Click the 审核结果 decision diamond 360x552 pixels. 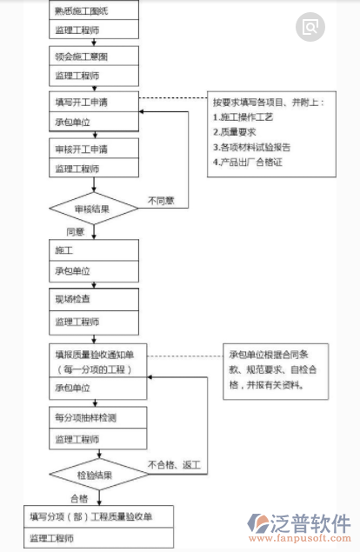[x=93, y=208]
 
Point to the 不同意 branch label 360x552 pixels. [x=161, y=200]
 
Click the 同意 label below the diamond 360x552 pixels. [x=76, y=232]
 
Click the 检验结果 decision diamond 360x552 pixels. [x=93, y=475]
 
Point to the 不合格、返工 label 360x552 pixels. [x=174, y=465]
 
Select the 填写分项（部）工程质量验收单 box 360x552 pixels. [x=99, y=517]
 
